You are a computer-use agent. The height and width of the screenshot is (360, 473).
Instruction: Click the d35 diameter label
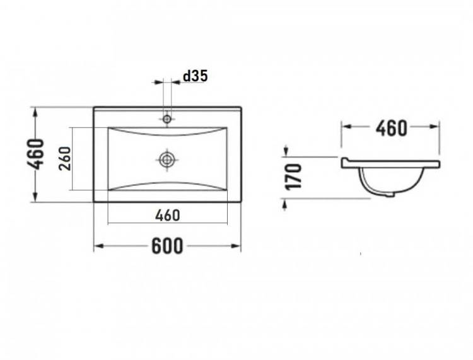coord(196,76)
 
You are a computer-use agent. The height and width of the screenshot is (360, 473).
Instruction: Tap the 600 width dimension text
coord(167,246)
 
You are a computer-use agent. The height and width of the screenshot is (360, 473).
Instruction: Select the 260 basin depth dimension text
coord(65,159)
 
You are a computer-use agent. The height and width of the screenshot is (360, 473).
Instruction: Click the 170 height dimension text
coord(293,177)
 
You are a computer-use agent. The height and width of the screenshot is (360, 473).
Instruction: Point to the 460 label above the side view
coord(391,129)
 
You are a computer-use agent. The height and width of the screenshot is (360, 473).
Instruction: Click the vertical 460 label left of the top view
coord(36,154)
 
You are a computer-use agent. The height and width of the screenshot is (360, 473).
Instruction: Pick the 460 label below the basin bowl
coord(167,216)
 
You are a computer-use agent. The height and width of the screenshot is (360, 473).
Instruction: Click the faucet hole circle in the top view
coord(166,119)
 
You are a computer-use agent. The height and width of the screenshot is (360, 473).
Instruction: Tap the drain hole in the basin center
coord(166,159)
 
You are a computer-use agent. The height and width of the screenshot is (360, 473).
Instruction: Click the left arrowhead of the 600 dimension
coord(98,246)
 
